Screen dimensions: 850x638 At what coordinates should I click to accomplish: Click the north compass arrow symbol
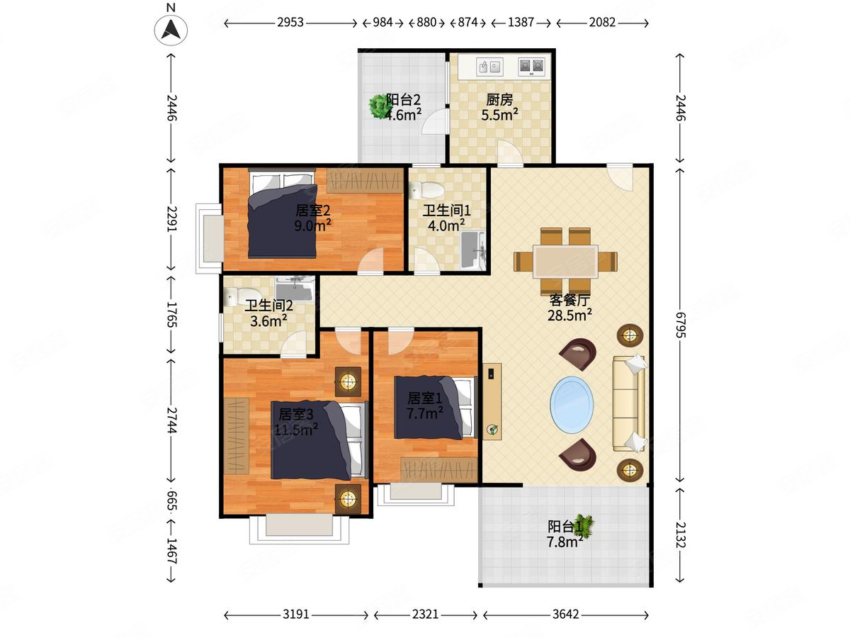[x=171, y=30]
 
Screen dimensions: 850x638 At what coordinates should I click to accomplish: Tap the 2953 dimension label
[x=290, y=23]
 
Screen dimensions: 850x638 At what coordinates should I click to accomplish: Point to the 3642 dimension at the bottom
[x=566, y=614]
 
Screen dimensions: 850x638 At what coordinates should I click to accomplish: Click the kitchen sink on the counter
[x=489, y=67]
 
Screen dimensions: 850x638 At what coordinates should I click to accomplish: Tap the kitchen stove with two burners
[x=531, y=66]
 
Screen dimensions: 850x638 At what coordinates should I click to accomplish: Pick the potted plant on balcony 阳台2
[x=378, y=106]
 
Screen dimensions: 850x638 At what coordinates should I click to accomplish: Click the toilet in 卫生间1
[x=426, y=190]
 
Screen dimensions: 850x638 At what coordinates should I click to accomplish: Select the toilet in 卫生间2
[x=238, y=296]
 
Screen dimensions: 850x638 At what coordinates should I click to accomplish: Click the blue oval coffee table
[x=572, y=405]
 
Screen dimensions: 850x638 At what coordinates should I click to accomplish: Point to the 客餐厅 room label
[x=569, y=299]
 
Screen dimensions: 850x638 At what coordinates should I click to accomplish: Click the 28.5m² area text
[x=569, y=315]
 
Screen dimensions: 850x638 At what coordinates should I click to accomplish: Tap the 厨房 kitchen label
[x=499, y=99]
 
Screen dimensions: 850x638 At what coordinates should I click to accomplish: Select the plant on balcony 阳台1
[x=584, y=526]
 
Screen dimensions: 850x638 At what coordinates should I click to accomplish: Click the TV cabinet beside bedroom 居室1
[x=492, y=401]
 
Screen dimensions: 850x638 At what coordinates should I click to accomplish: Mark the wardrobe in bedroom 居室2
[x=365, y=181]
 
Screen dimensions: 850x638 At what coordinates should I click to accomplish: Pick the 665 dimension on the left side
[x=171, y=501]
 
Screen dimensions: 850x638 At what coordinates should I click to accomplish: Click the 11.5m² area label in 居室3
[x=296, y=429]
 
